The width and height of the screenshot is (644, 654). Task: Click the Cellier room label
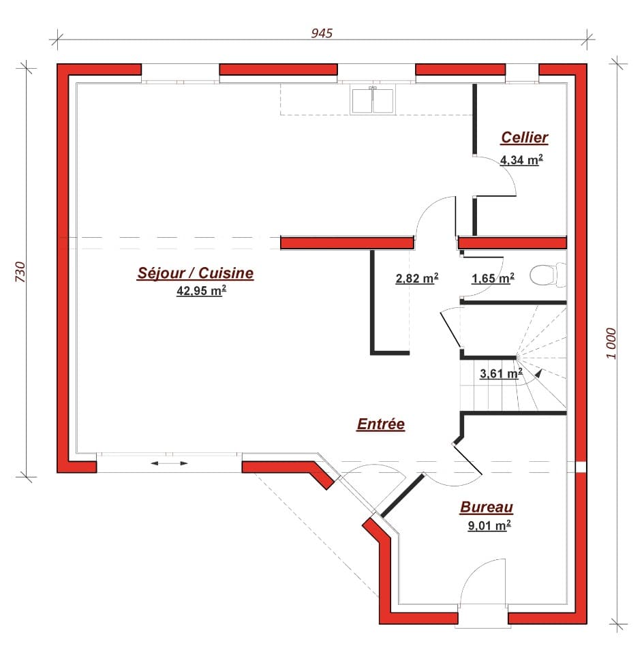(524, 138)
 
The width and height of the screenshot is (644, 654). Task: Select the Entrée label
(381, 424)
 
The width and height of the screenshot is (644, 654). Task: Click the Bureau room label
(487, 507)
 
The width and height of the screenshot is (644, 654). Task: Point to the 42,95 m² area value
(201, 291)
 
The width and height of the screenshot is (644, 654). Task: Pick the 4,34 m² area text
(521, 160)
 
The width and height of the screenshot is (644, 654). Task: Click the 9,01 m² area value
(489, 525)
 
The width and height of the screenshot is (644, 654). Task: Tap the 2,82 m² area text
(416, 278)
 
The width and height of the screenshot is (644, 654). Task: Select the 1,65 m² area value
(493, 278)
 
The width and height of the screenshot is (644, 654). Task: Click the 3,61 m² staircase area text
(501, 373)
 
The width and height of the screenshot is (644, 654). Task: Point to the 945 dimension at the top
(322, 33)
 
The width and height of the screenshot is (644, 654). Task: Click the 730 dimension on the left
(20, 272)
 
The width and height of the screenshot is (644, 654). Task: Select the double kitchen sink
(373, 99)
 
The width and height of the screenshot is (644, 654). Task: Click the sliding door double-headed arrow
(169, 463)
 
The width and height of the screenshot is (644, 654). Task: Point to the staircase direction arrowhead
(539, 372)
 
